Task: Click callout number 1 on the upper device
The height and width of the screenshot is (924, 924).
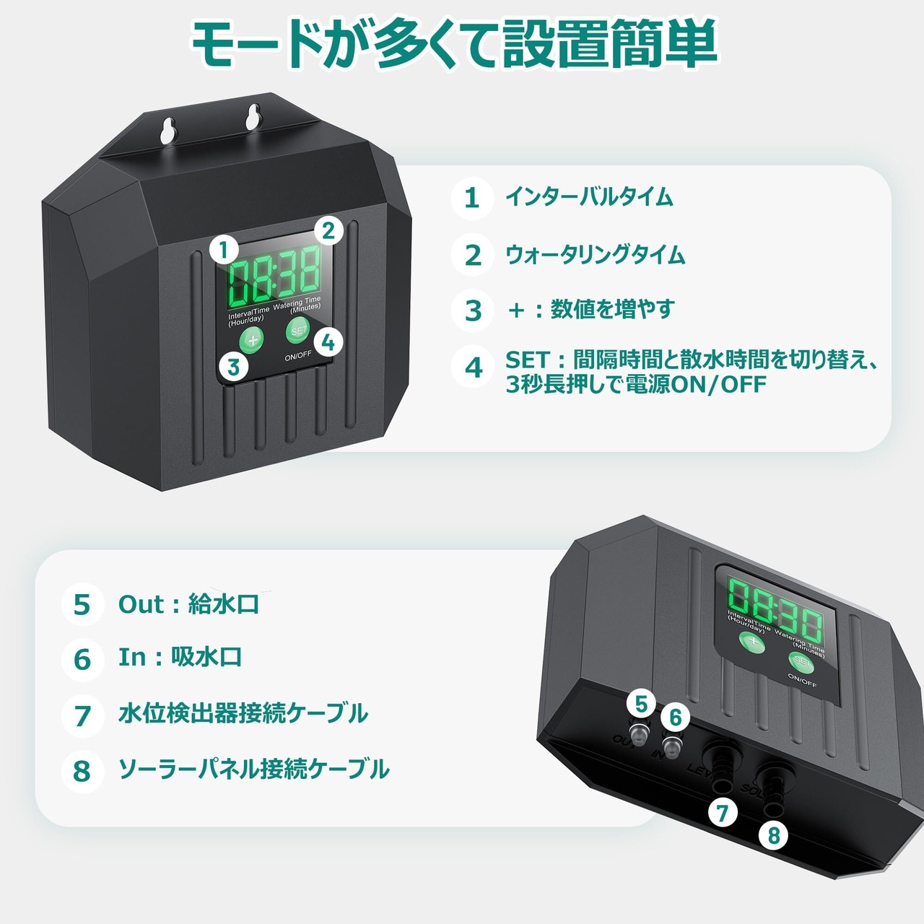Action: pos(224,250)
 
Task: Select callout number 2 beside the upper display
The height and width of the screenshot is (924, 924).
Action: pos(328,231)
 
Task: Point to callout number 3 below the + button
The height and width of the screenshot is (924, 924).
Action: pos(233,367)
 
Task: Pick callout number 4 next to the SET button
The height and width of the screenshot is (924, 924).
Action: pos(328,342)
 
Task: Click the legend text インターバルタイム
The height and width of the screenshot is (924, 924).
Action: pos(589,196)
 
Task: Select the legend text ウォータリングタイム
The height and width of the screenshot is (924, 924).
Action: pos(595,254)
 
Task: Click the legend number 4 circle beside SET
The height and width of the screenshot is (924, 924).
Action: pos(473,367)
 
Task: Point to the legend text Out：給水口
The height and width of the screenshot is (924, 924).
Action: pos(188,603)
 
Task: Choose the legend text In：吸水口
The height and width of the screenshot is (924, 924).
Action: pos(180,657)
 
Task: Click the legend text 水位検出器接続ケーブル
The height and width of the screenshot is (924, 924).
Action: pos(243,713)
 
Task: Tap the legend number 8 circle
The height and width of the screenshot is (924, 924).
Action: pos(82,770)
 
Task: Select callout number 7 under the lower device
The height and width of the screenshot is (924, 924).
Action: pos(722,813)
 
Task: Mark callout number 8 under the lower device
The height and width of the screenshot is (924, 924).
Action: pos(774,834)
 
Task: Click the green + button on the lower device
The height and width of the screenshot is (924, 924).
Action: pos(752,642)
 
